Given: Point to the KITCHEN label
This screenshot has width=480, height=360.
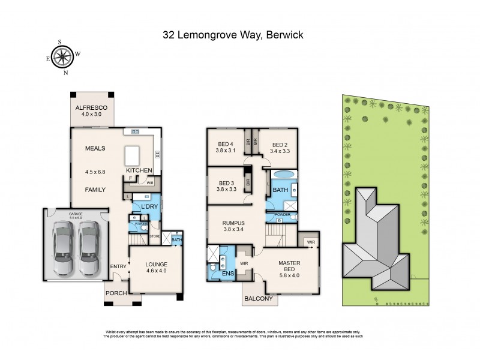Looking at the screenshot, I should click(138, 171).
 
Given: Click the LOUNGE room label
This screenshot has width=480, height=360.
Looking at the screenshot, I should click(155, 264).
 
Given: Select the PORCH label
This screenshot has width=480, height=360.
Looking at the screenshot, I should click(115, 293).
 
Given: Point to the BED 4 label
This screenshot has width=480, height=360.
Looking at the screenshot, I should click(226, 143).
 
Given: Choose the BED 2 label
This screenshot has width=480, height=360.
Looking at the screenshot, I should click(281, 145).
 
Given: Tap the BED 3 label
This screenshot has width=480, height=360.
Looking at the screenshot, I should click(226, 183).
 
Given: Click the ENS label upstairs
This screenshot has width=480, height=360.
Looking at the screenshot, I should click(228, 274).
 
